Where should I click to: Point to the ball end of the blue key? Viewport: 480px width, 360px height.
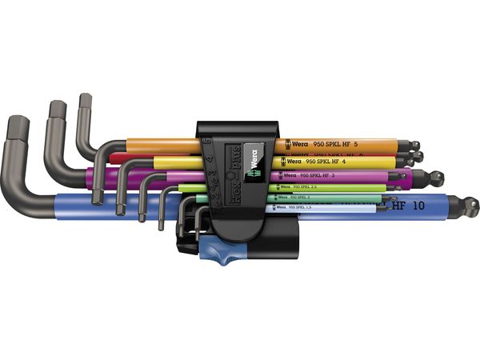tap(472, 206)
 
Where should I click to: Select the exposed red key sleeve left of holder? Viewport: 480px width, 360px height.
tap(152, 156)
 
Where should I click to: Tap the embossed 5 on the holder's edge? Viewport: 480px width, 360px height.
tap(206, 140)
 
